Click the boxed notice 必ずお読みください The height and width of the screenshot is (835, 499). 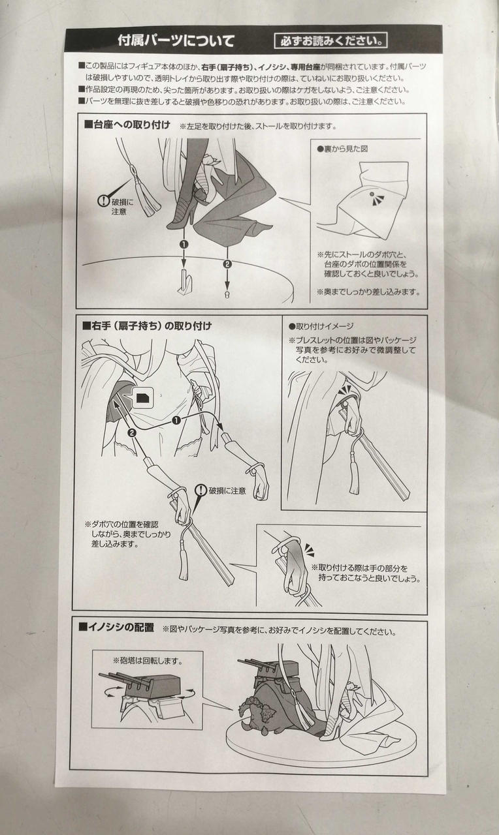pyautogui.click(x=330, y=40)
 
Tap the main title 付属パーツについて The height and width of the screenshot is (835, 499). pyautogui.click(x=176, y=40)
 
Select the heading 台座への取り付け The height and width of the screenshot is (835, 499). pyautogui.click(x=127, y=125)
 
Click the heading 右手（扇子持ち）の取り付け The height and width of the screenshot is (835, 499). pyautogui.click(x=147, y=326)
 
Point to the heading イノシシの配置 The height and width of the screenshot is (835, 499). pyautogui.click(x=116, y=628)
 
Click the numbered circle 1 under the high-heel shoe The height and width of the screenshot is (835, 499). pyautogui.click(x=184, y=245)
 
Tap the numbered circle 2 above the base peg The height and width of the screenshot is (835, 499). pyautogui.click(x=227, y=264)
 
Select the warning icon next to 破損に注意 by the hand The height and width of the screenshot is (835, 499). pyautogui.click(x=201, y=490)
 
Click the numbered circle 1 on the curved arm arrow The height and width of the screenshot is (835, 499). pyautogui.click(x=176, y=421)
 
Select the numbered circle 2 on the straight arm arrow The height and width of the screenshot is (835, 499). pyautogui.click(x=131, y=433)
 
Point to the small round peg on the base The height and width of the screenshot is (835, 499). pyautogui.click(x=227, y=294)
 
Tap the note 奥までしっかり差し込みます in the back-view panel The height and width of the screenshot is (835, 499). pyautogui.click(x=368, y=292)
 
